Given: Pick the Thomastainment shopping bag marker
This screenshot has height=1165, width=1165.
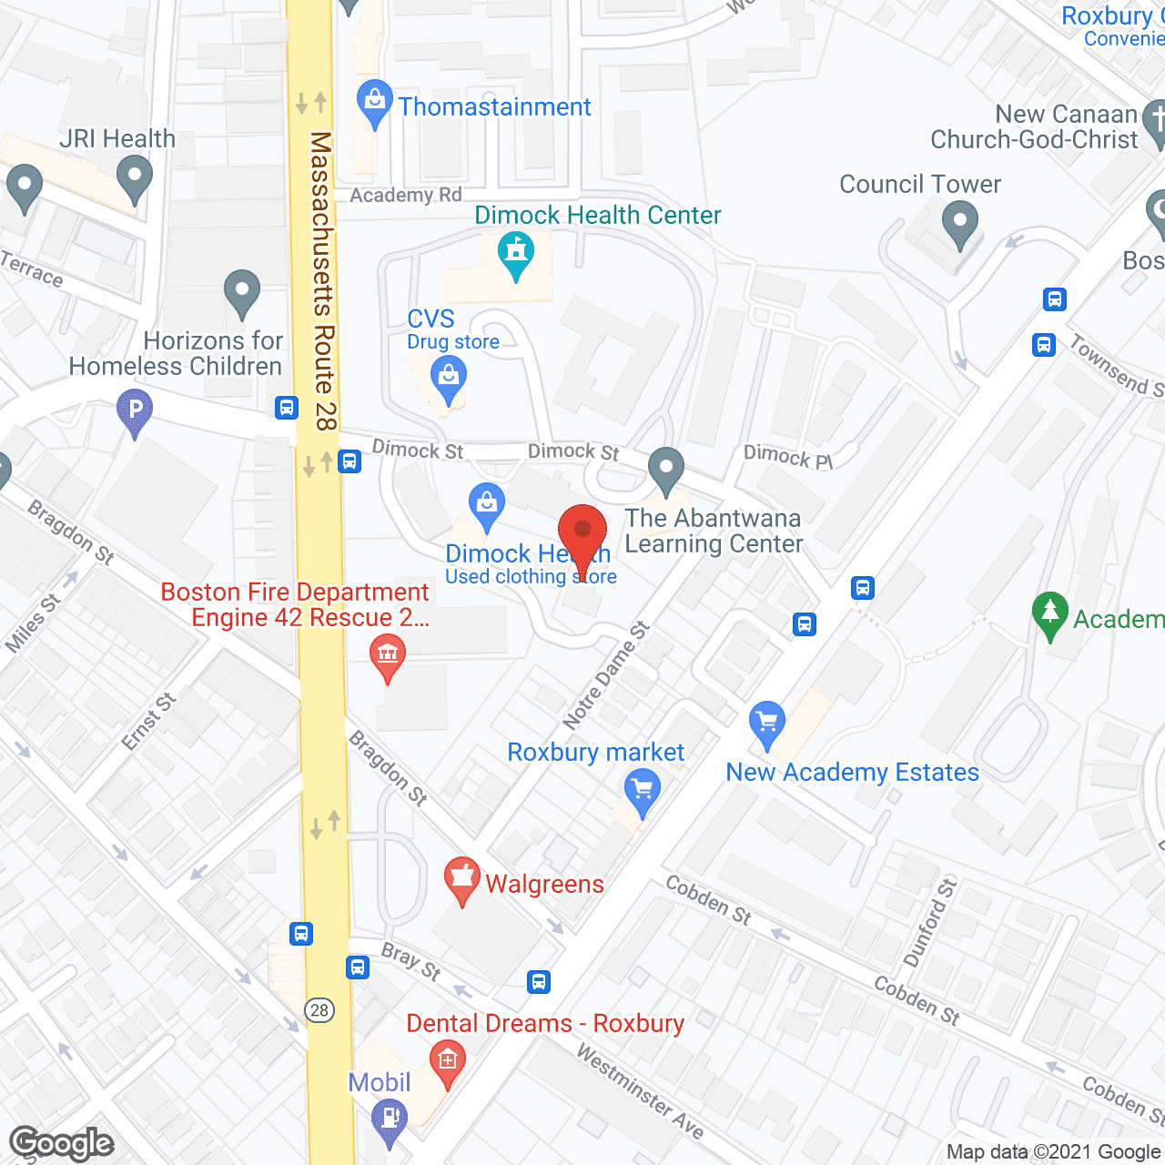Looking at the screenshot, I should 374,103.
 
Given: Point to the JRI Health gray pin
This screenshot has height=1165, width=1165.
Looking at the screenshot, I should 135,177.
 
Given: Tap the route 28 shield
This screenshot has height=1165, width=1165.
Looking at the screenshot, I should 319,1010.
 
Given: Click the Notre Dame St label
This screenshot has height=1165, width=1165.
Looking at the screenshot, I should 606,675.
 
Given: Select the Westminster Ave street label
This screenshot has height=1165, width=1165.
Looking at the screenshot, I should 641,1092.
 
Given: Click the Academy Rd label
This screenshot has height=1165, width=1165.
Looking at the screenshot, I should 406,195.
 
